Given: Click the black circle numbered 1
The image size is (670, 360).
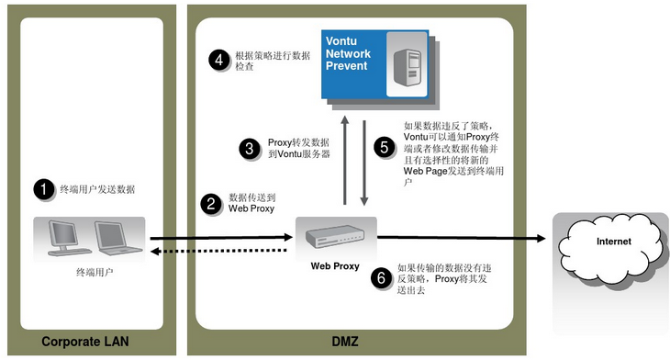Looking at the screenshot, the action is (43, 189).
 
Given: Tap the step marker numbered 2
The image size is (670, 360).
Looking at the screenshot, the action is (211, 204).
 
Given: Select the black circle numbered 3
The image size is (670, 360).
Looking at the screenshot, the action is (250, 149).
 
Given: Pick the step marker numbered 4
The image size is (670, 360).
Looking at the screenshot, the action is (218, 60).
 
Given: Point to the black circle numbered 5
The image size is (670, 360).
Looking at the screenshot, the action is (385, 147).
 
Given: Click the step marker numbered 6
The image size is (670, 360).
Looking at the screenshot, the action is (381, 278).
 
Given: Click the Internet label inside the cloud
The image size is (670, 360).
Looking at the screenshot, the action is (614, 242).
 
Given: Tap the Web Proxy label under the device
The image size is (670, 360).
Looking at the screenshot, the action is (335, 266).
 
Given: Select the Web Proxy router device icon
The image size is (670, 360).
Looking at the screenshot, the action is (335, 237).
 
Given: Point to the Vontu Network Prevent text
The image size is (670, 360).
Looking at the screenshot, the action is (348, 53).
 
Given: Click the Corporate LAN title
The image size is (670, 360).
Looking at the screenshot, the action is (85, 342).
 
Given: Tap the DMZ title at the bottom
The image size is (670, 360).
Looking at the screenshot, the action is (345, 342).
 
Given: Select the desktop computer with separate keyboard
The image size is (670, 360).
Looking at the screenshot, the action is (68, 238).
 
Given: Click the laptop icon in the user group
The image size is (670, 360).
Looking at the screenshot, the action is (117, 238).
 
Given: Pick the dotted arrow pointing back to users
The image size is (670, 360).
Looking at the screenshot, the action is (218, 251).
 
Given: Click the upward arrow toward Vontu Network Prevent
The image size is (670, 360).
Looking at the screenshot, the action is (345, 161).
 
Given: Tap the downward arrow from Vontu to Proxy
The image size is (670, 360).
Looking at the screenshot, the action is (364, 163).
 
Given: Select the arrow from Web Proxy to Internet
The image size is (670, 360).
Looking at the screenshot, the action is (462, 238).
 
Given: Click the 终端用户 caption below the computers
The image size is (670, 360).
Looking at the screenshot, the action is (95, 273).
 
